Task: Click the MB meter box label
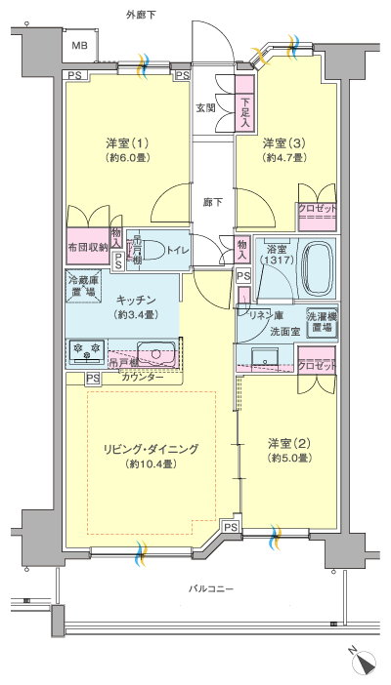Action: tap(78, 45)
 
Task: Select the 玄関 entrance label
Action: tap(205, 107)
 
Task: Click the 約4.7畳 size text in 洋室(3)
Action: tap(284, 160)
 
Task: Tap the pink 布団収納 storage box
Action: tap(87, 247)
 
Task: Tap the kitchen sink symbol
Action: tap(154, 351)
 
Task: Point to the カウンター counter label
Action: tap(143, 377)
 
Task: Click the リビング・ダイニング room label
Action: tap(152, 449)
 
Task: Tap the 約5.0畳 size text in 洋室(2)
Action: tap(290, 458)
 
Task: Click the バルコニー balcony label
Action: tap(210, 587)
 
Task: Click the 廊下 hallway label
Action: tap(213, 202)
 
